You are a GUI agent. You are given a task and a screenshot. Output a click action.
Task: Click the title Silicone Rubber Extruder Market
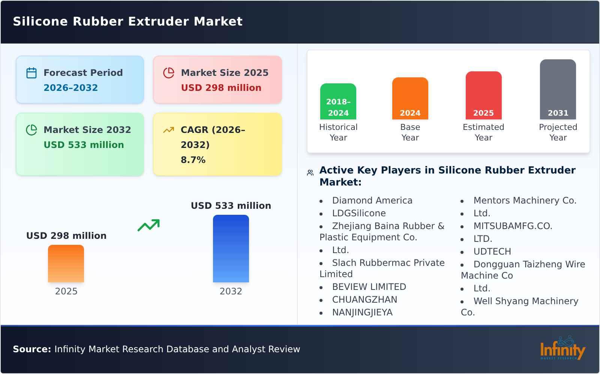(127, 21)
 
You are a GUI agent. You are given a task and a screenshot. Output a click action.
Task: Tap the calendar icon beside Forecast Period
(31, 73)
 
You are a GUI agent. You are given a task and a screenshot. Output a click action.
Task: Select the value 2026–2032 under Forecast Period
(70, 88)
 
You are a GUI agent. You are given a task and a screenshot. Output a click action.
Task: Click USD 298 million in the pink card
(221, 88)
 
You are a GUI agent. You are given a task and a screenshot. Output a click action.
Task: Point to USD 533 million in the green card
(84, 145)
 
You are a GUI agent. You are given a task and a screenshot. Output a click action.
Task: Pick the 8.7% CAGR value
(193, 160)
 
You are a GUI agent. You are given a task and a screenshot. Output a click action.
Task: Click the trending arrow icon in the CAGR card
(168, 130)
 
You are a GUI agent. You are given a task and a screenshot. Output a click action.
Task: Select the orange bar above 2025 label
(66, 264)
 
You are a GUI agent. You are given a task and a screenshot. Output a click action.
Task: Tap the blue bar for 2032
(231, 249)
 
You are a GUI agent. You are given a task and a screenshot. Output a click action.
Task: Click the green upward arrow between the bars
(148, 225)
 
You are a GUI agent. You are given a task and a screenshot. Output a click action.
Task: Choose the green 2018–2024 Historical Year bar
(338, 101)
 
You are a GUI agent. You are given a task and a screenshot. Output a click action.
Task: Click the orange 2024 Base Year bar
(410, 98)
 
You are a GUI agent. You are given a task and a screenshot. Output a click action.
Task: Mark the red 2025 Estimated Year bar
(483, 95)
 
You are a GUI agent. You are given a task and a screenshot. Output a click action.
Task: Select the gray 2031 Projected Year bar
(558, 89)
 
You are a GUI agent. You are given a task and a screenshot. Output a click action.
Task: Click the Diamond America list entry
(372, 201)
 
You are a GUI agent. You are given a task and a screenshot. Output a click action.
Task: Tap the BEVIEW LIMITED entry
(369, 287)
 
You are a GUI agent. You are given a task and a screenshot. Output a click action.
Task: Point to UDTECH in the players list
(492, 252)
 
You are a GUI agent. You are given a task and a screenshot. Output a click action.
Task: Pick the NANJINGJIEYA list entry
(362, 312)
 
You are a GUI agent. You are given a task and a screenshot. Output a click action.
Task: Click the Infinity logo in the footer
(562, 348)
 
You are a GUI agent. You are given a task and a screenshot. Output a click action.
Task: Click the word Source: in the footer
(32, 349)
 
